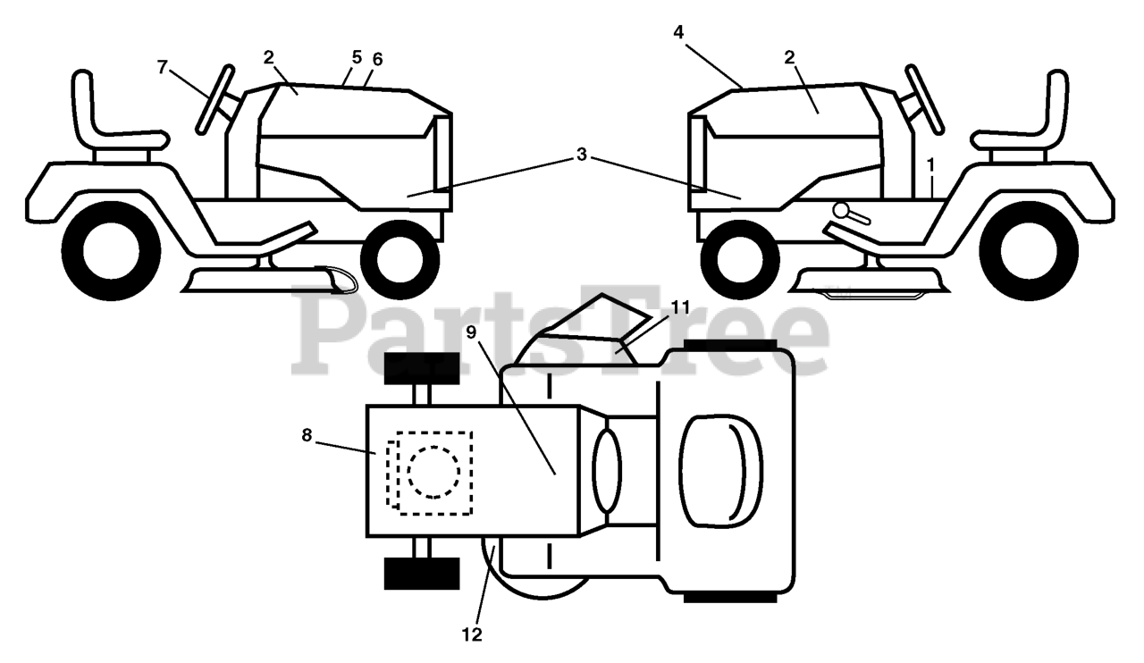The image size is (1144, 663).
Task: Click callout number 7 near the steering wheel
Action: [x=163, y=67]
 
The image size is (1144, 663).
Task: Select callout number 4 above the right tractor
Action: [x=678, y=33]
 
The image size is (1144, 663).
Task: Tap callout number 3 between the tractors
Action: [x=582, y=155]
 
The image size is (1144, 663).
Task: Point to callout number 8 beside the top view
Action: [x=307, y=435]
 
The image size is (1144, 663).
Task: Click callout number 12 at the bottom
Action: [x=472, y=635]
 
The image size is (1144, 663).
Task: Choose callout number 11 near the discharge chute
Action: [x=680, y=307]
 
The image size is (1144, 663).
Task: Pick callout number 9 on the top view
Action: [x=471, y=332]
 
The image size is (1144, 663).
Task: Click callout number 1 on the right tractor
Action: [x=931, y=165]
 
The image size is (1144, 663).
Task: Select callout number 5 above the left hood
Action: [x=357, y=57]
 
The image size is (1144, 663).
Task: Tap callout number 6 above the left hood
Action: [x=377, y=60]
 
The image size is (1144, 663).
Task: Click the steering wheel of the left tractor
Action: [x=215, y=99]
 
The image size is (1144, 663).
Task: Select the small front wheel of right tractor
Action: [x=740, y=260]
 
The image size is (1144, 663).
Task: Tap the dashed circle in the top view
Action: [x=433, y=472]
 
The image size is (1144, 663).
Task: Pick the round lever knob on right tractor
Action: [x=841, y=209]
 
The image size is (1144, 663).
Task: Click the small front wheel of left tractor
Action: [x=400, y=260]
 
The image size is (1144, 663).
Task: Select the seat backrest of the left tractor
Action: [x=84, y=105]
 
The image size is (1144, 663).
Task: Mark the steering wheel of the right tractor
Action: [x=924, y=99]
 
